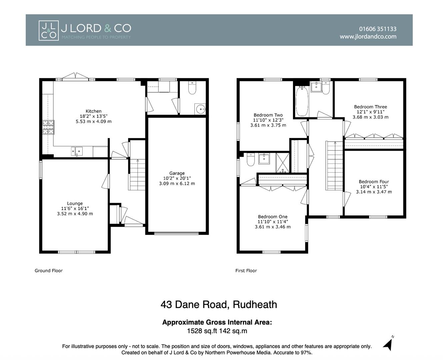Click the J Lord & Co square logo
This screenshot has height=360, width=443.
click(49, 31)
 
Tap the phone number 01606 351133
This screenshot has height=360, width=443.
click(378, 29)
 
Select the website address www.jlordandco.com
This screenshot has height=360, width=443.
click(368, 37)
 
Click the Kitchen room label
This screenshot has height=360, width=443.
click(93, 111)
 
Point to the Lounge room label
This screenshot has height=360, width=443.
click(75, 203)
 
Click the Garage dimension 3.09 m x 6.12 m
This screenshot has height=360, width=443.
click(177, 184)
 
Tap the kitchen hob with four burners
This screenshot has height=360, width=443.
click(48, 127)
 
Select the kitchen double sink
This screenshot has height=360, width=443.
click(77, 151)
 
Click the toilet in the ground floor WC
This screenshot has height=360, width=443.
click(192, 88)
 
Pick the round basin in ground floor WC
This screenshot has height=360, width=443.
click(200, 109)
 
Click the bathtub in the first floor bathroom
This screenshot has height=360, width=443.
click(302, 100)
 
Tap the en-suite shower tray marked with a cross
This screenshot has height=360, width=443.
click(283, 163)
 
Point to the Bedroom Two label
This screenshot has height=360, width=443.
click(268, 115)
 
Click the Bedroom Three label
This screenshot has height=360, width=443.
click(370, 107)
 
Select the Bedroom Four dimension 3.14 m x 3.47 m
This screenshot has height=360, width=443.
click(374, 192)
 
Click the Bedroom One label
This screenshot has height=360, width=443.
click(272, 217)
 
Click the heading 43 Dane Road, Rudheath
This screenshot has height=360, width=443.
click(219, 305)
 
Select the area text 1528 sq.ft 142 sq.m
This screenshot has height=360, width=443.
click(217, 331)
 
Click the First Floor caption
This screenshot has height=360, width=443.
click(246, 271)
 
